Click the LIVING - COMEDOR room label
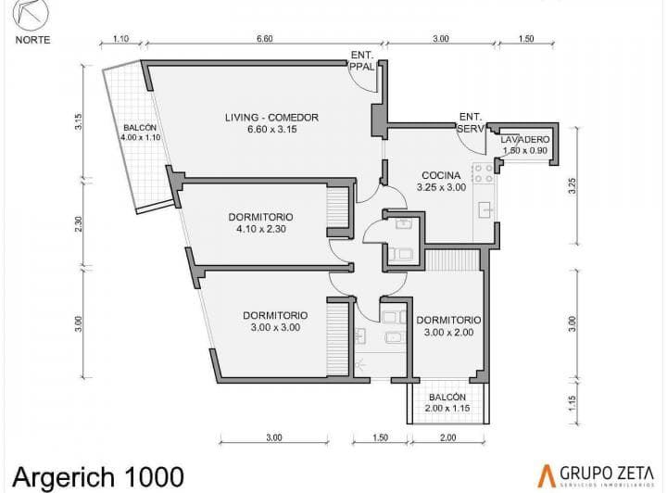coord(271,123)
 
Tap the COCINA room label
coord(441,182)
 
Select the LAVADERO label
coord(525,145)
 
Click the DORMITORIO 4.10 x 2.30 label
coord(260,223)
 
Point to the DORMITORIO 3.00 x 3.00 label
coord(275,322)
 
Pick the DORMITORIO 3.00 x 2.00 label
coord(448,326)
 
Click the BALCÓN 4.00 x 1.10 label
coord(141,133)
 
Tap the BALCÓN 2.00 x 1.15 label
coord(447,402)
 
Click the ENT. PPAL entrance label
coord(362,61)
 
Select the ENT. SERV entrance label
coord(471,122)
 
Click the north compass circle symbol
coord(31,13)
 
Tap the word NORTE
coord(32,40)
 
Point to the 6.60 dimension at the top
coord(265,39)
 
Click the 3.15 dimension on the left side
coord(78,122)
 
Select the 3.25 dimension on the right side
coord(573,185)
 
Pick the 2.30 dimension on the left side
coord(78,223)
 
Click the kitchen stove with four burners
coord(484,173)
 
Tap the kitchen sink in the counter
coord(485,210)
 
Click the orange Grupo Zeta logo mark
coord(547,476)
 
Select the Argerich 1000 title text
coord(98,477)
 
